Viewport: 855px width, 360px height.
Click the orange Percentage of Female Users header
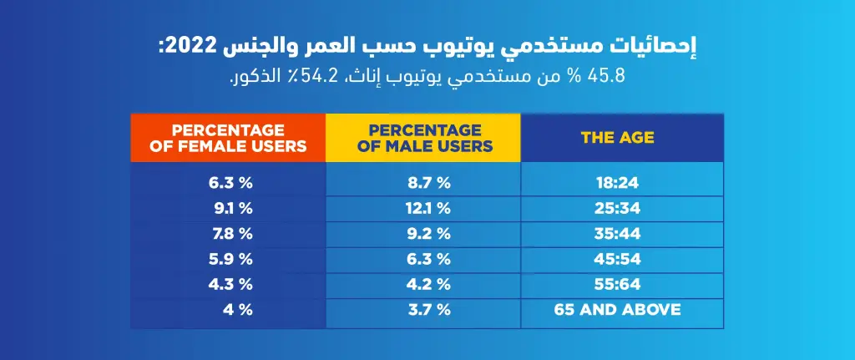pyautogui.click(x=228, y=138)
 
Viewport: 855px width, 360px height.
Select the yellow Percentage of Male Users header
pyautogui.click(x=423, y=138)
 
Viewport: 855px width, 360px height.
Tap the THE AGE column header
pyautogui.click(x=618, y=138)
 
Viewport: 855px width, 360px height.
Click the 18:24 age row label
pyautogui.click(x=618, y=180)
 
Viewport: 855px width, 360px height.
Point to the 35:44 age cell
pyautogui.click(x=618, y=233)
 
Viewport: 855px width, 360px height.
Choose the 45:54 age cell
pyautogui.click(x=618, y=259)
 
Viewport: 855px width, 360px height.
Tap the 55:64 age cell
pyautogui.click(x=618, y=284)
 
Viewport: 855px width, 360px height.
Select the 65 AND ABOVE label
pyautogui.click(x=618, y=310)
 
